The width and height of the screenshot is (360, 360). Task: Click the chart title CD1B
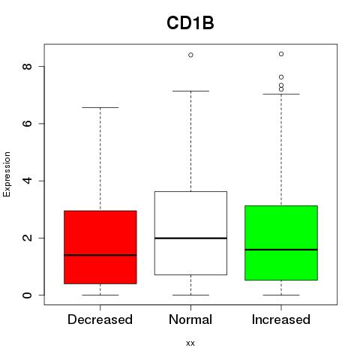[x=190, y=23]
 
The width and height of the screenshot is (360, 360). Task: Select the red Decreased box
[x=100, y=247]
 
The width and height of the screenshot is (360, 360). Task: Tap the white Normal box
[x=190, y=233]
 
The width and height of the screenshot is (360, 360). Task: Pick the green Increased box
[x=281, y=243]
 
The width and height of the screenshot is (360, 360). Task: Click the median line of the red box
[x=100, y=255]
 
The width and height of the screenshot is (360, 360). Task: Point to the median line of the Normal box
[x=190, y=238]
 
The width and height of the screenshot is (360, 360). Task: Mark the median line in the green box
[x=281, y=250]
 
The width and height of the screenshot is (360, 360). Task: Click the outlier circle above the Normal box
[x=190, y=55]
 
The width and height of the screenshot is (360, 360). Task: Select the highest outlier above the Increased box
[x=281, y=54]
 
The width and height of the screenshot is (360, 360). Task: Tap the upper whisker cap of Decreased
[x=100, y=107]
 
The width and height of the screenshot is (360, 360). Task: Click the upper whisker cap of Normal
[x=190, y=91]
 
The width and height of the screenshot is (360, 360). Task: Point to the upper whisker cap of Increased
[x=281, y=94]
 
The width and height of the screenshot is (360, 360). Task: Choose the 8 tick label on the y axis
[x=27, y=66]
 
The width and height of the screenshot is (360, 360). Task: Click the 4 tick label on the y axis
[x=27, y=181]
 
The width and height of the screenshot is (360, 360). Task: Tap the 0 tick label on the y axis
[x=27, y=295]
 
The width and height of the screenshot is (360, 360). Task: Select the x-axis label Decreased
[x=100, y=319]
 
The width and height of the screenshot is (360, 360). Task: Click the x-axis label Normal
[x=190, y=319]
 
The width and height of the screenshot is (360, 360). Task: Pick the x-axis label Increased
[x=281, y=319]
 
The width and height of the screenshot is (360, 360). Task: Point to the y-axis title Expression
[x=7, y=174]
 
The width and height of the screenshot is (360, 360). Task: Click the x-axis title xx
[x=190, y=343]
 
